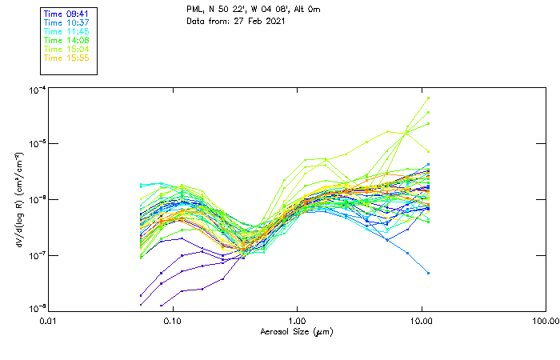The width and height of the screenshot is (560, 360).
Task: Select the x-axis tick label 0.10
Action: [172, 321]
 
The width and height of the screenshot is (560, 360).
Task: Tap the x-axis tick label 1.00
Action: [297, 321]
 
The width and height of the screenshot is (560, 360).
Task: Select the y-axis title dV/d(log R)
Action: [18, 199]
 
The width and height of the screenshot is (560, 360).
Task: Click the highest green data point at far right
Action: [429, 98]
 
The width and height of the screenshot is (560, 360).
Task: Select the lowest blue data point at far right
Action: [429, 273]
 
